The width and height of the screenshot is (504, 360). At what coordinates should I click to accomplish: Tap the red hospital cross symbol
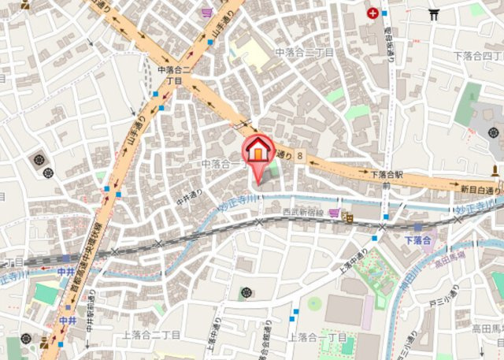pyautogui.click(x=372, y=13)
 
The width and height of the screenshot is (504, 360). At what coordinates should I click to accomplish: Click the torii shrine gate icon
pyautogui.click(x=433, y=13)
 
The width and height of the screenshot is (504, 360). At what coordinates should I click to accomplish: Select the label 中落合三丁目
pyautogui.click(x=304, y=52)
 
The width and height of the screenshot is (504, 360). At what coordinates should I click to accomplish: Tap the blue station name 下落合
pyautogui.click(x=420, y=239)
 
